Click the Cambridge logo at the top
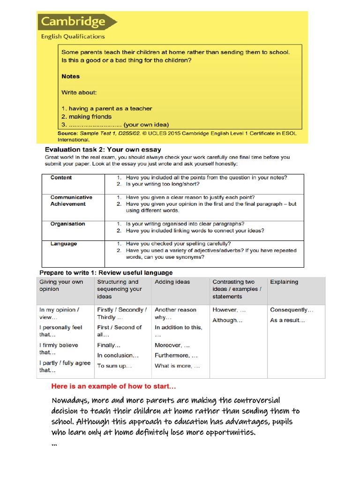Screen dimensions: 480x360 point(77,22)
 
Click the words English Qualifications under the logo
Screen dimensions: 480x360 point(73,37)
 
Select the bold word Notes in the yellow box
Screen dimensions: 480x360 point(70,76)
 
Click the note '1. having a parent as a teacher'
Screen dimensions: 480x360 point(106,108)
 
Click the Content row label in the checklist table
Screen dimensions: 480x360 point(61,178)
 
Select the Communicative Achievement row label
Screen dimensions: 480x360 point(71,201)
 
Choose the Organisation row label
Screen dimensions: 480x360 point(67,224)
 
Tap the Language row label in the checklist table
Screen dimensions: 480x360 point(63,244)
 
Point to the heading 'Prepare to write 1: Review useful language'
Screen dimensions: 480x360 point(106,272)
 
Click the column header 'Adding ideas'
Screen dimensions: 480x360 point(172,282)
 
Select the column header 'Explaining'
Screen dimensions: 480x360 point(284,282)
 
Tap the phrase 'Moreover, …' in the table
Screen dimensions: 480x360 point(172,345)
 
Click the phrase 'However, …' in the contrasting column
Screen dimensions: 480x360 point(229,310)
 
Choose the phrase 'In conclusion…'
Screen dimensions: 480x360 point(118,355)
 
